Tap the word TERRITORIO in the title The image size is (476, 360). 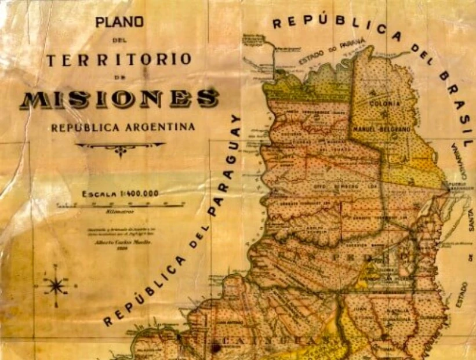point(119,60)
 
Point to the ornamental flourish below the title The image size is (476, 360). point(120,148)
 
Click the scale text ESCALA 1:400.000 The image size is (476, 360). point(121,194)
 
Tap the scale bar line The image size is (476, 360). point(121,205)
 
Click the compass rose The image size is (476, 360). point(57,285)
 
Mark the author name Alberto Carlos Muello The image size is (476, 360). point(119,243)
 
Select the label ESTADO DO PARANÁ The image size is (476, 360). point(332,52)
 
